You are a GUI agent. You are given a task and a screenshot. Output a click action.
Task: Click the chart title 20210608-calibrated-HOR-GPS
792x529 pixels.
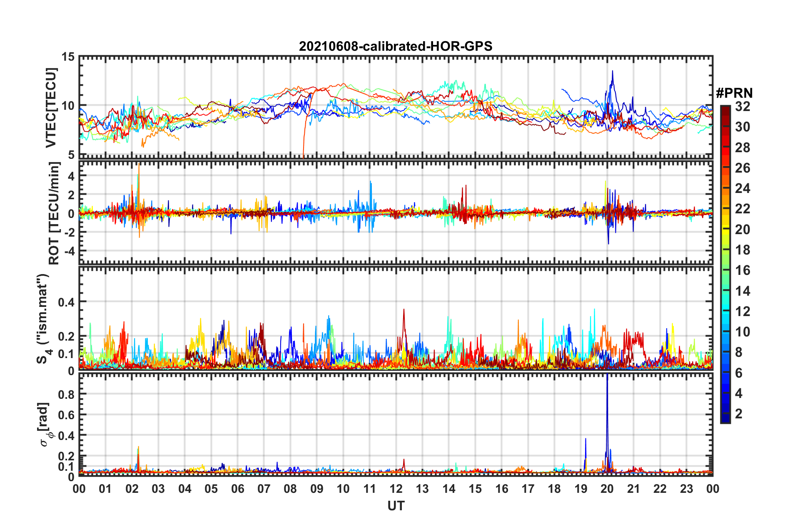coord(396,46)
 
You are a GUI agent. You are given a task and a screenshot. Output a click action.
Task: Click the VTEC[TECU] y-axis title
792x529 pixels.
coord(51,107)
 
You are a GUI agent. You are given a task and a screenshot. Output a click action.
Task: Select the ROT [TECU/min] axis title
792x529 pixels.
coord(54,213)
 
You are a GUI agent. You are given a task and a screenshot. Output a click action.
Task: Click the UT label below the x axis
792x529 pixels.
coord(396,506)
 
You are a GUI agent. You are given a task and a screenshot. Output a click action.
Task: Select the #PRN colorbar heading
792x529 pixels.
coord(734,93)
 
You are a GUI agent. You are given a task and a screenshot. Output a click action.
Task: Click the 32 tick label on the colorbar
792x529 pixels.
coord(742,106)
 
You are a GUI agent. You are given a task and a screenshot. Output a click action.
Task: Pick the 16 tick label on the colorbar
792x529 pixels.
coord(742,270)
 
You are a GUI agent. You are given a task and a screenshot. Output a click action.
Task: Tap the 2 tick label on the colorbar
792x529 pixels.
coord(739,413)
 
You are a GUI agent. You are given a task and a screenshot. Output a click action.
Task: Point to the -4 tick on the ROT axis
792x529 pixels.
coord(68,251)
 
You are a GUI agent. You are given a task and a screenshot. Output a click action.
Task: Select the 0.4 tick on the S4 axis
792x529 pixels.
coord(66,302)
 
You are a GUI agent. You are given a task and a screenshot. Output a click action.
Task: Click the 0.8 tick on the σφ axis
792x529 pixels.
coord(66,394)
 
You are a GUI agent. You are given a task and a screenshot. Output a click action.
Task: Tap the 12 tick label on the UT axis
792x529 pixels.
coord(396,489)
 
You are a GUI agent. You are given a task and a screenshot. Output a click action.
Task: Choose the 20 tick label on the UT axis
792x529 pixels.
coord(607,489)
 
